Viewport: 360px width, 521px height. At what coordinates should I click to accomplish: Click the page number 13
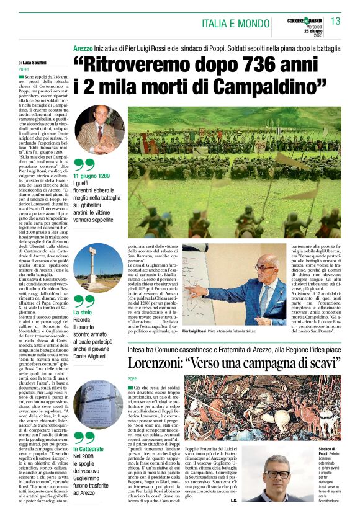[x=335, y=21]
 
